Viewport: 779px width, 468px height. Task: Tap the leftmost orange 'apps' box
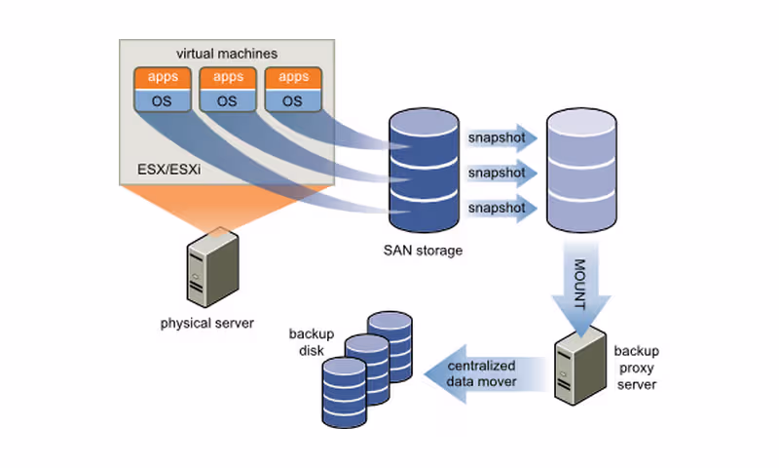pos(161,77)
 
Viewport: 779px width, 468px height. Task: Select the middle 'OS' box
pos(226,99)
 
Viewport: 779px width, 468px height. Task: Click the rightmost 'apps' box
pos(292,77)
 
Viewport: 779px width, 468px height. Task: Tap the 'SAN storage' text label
pos(423,251)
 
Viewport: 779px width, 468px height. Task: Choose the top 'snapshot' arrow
pos(501,137)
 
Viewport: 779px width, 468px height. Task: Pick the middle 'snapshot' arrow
pos(501,173)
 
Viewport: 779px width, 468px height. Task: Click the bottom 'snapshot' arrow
pos(501,209)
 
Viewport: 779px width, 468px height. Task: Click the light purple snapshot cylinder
pos(581,172)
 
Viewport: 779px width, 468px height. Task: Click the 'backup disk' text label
pos(312,341)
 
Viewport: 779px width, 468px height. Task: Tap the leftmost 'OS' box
pos(161,99)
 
